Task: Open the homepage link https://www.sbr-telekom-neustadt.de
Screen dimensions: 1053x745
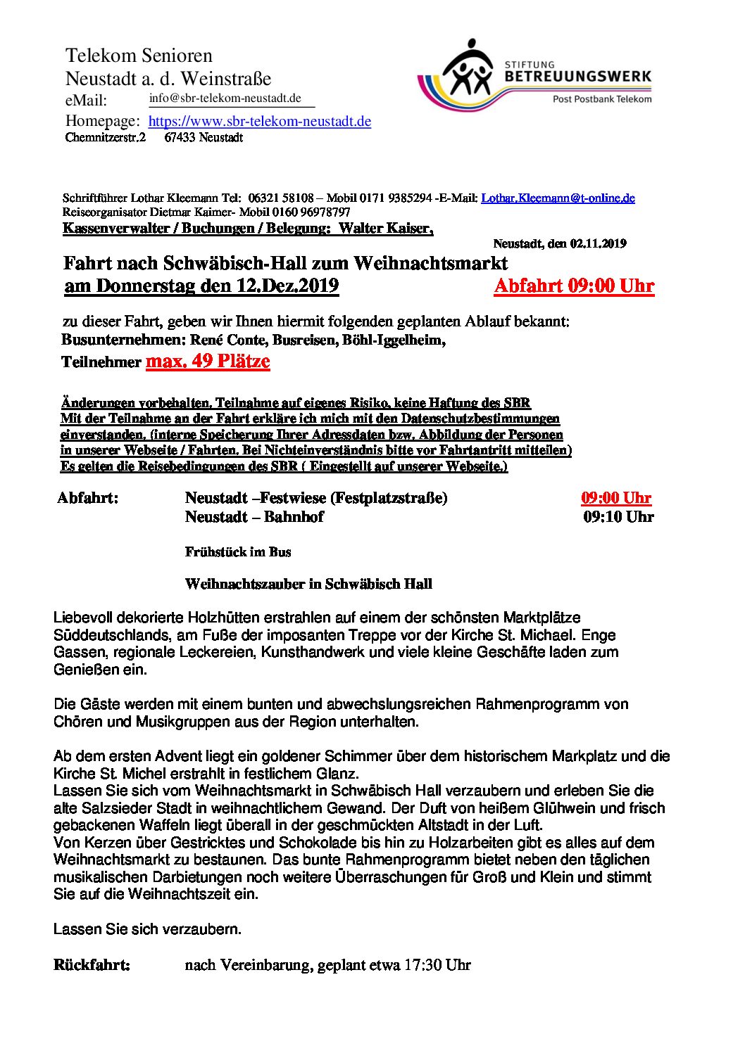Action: (259, 121)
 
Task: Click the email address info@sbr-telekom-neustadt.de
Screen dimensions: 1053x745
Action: (225, 98)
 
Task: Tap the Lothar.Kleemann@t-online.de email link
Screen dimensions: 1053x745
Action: (558, 198)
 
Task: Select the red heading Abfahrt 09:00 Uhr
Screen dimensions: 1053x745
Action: (574, 286)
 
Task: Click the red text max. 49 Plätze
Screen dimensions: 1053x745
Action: (208, 362)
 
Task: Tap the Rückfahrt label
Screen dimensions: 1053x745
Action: (92, 964)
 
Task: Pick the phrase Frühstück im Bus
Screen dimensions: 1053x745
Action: (238, 552)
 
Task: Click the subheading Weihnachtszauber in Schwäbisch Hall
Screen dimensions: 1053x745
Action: (308, 585)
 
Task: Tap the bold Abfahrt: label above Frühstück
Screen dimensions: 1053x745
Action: (87, 498)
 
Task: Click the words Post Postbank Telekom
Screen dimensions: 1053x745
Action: (602, 99)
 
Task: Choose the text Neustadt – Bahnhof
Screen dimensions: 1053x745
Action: (254, 517)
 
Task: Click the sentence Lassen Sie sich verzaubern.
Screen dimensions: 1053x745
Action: (147, 929)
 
